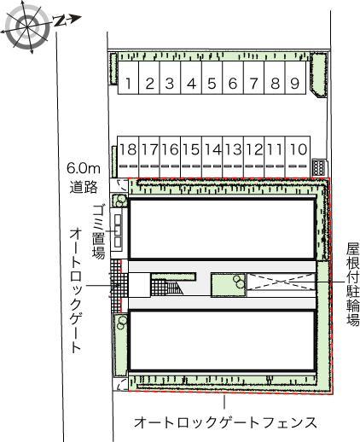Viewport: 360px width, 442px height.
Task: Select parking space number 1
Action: (x=128, y=84)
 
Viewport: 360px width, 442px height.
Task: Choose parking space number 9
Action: (x=294, y=84)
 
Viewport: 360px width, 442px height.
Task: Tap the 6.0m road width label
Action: (x=84, y=177)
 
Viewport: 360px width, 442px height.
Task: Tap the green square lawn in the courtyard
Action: (x=226, y=285)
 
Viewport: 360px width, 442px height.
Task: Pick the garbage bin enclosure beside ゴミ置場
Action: (x=119, y=230)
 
